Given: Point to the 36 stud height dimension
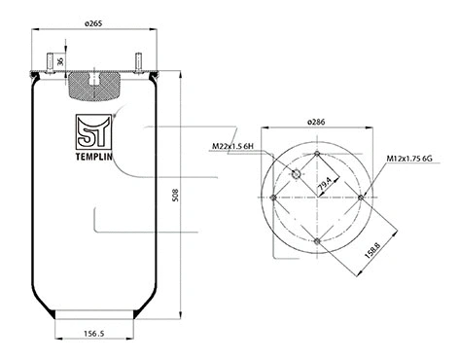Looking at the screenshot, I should pos(61,62).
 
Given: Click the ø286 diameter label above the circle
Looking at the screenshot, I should pos(317,122).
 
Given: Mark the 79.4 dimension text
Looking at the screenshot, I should pos(321,182).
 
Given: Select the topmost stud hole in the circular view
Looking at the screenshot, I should pos(318,153).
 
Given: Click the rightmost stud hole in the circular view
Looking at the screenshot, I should pos(361,197).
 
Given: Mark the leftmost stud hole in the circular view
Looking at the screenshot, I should pos(275,197).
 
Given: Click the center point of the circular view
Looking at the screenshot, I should pos(318,197).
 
